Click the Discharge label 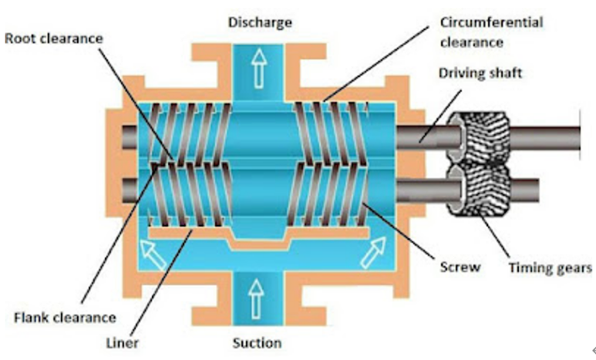pos(260,22)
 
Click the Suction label pos(257,342)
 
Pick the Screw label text pos(464,267)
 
